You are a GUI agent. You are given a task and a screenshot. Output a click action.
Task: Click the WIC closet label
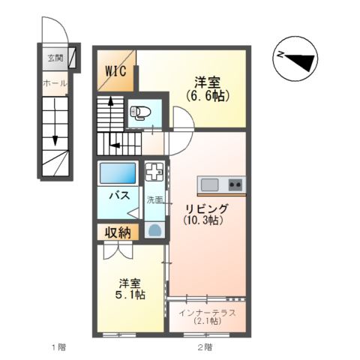(115, 72)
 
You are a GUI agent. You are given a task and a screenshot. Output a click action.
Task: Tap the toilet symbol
(139, 113)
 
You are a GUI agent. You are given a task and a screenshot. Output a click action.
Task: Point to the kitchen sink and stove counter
(221, 184)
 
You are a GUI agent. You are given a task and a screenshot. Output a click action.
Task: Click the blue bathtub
(118, 174)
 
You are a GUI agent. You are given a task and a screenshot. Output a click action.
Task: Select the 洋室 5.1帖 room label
(128, 289)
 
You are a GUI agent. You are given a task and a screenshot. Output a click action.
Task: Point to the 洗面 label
(154, 200)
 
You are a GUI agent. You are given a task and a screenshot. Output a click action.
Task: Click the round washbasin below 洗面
(155, 229)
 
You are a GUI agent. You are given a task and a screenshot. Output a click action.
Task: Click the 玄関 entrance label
(55, 57)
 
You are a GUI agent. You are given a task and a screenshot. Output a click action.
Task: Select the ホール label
(55, 82)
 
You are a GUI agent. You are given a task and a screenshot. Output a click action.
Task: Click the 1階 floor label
(58, 346)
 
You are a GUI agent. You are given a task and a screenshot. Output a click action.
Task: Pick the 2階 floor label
(204, 346)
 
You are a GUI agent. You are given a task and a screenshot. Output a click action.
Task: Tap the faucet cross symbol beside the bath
(154, 172)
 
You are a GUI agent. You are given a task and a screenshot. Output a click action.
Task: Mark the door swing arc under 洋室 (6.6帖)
(182, 118)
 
